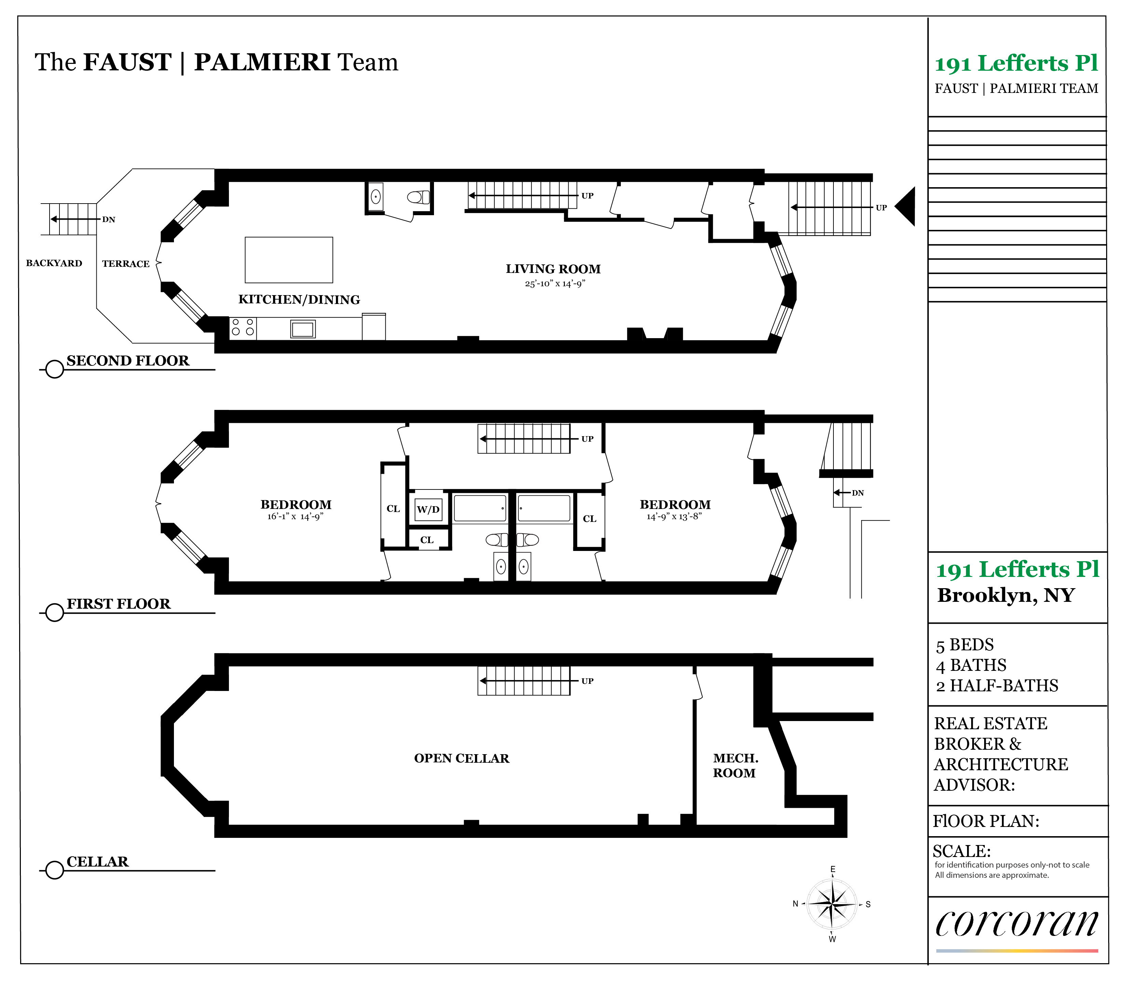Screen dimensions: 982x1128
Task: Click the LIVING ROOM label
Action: point(553,269)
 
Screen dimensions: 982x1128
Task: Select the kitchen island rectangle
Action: point(288,260)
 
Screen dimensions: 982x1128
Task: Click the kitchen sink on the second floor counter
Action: point(302,329)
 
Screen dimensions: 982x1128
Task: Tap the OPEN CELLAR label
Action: point(462,758)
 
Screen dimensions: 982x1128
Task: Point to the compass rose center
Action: point(832,904)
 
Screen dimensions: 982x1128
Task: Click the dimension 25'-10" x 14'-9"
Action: point(555,283)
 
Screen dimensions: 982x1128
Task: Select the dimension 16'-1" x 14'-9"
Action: point(296,516)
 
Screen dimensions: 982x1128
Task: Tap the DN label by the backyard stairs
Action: point(109,220)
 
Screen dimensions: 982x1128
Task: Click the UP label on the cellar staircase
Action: point(587,681)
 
